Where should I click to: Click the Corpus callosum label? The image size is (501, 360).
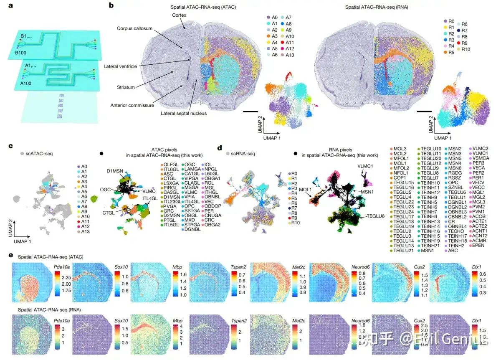(x=134, y=28)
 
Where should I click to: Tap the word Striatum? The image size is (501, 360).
(x=128, y=87)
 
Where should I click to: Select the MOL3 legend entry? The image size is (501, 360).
(x=401, y=149)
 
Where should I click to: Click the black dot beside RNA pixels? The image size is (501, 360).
(x=296, y=154)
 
